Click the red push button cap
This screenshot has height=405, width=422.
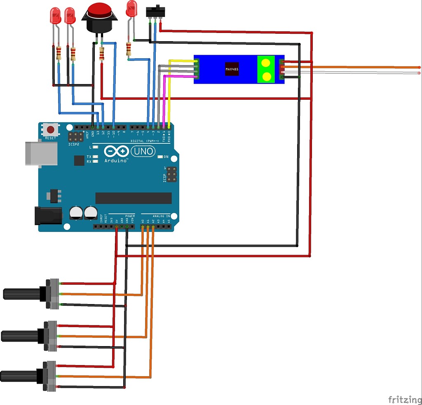tap(99, 10)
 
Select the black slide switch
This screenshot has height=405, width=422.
tap(155, 12)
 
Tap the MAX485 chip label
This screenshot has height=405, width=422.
tap(232, 69)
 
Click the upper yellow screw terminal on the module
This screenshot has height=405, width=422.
tap(266, 63)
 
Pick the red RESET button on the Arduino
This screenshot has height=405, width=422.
tap(51, 129)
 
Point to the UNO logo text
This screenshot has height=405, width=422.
tap(143, 152)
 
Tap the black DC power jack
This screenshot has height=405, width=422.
tap(48, 215)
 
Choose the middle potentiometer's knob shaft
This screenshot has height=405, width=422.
tap(20, 335)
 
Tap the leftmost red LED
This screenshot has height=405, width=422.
tap(55, 16)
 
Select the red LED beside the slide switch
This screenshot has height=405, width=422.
tap(131, 9)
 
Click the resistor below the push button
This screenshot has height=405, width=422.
tap(101, 54)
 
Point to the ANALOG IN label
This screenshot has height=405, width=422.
tap(161, 216)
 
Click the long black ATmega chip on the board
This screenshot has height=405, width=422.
tap(134, 198)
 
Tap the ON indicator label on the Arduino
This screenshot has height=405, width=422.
tap(166, 157)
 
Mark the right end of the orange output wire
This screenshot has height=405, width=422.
tap(419, 67)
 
